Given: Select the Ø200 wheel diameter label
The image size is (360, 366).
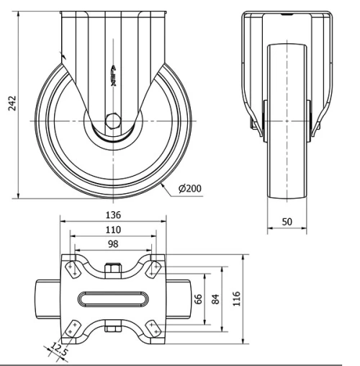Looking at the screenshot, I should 189,189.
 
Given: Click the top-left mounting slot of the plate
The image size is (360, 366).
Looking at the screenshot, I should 73,269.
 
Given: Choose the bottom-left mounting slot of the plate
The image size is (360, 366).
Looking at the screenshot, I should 73,328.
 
